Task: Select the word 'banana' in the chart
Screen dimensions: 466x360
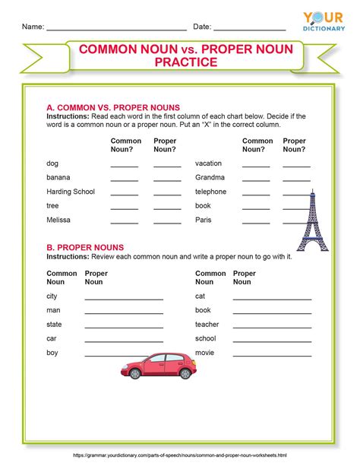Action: click(x=58, y=177)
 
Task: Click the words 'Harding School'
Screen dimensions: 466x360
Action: click(x=71, y=192)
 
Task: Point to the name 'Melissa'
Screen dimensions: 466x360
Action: click(x=58, y=220)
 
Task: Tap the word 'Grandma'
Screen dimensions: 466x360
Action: click(x=210, y=177)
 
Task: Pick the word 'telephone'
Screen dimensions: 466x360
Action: click(x=211, y=192)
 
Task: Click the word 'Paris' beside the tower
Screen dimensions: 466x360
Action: click(x=204, y=220)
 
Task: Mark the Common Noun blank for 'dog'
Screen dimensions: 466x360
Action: click(x=125, y=165)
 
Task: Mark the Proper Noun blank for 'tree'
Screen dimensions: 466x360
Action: click(x=167, y=208)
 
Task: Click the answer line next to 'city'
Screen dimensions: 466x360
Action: click(x=124, y=298)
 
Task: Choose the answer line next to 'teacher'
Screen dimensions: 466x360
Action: click(x=271, y=326)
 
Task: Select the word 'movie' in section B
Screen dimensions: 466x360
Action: click(x=205, y=353)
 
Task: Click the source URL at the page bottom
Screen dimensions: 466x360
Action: click(x=180, y=455)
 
